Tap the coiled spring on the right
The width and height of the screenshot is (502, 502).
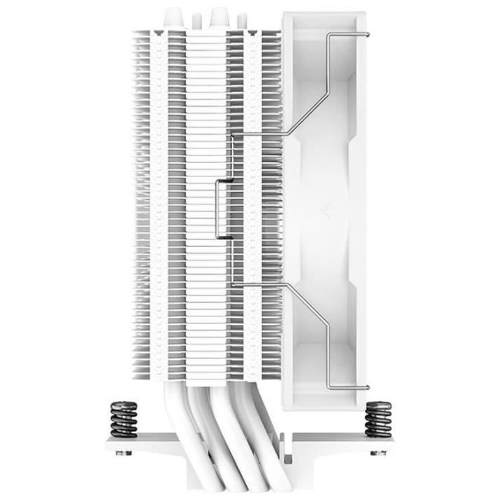[377, 418]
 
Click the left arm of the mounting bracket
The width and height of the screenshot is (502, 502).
[139, 446]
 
